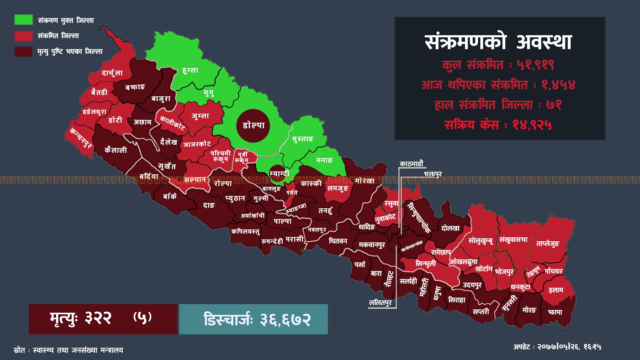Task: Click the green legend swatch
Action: point(23,20)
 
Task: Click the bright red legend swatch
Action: point(23,36)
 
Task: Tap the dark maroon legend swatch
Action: point(23,51)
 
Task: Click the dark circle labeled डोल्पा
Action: point(253,126)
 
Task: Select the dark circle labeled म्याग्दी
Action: point(279,173)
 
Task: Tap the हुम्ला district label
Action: point(190,70)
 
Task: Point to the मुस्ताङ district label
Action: point(303,139)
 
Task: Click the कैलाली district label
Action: point(116,150)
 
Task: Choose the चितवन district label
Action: point(338,241)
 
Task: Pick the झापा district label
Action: point(555,312)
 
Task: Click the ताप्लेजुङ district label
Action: point(547,244)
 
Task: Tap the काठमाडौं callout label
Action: point(411,164)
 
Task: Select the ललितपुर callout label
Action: point(381,303)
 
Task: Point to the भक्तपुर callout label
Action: point(433,174)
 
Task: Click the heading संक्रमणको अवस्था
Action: point(499,42)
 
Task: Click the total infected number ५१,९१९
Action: point(536,65)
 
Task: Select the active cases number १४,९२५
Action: point(532,125)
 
